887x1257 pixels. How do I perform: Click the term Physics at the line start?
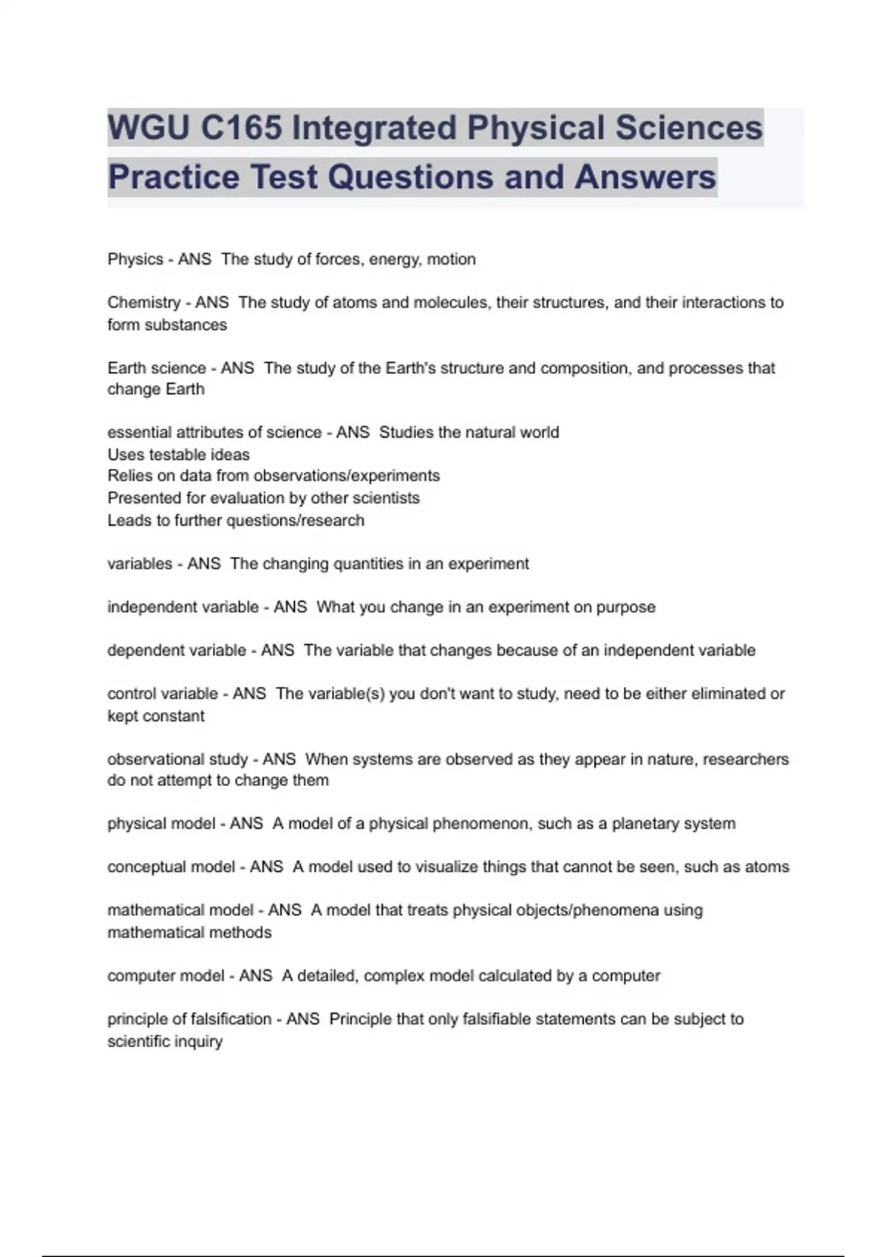click(135, 260)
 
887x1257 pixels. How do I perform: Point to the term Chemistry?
click(143, 302)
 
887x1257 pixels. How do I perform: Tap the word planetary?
click(643, 824)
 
